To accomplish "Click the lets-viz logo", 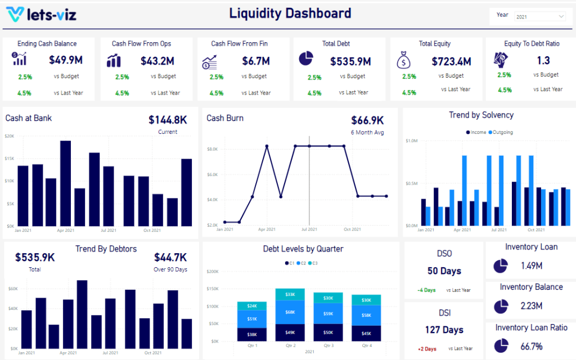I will (40, 15).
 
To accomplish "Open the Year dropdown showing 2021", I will (539, 17).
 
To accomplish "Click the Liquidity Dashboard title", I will (290, 13).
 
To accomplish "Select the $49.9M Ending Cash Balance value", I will (66, 60).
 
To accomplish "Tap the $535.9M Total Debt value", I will (350, 61).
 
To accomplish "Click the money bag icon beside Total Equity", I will (404, 60).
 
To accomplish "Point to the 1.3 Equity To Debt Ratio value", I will (543, 60).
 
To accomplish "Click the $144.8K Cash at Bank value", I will (168, 119).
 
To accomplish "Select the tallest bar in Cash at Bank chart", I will (65, 183).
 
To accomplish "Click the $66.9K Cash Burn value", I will (367, 120).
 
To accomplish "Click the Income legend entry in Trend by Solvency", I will (476, 132).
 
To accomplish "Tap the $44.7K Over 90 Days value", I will (170, 257).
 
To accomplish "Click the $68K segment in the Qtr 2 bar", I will (290, 312).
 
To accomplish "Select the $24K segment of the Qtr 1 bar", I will (252, 306).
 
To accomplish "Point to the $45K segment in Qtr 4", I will (366, 334).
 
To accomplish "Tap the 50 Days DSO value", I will (444, 271).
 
